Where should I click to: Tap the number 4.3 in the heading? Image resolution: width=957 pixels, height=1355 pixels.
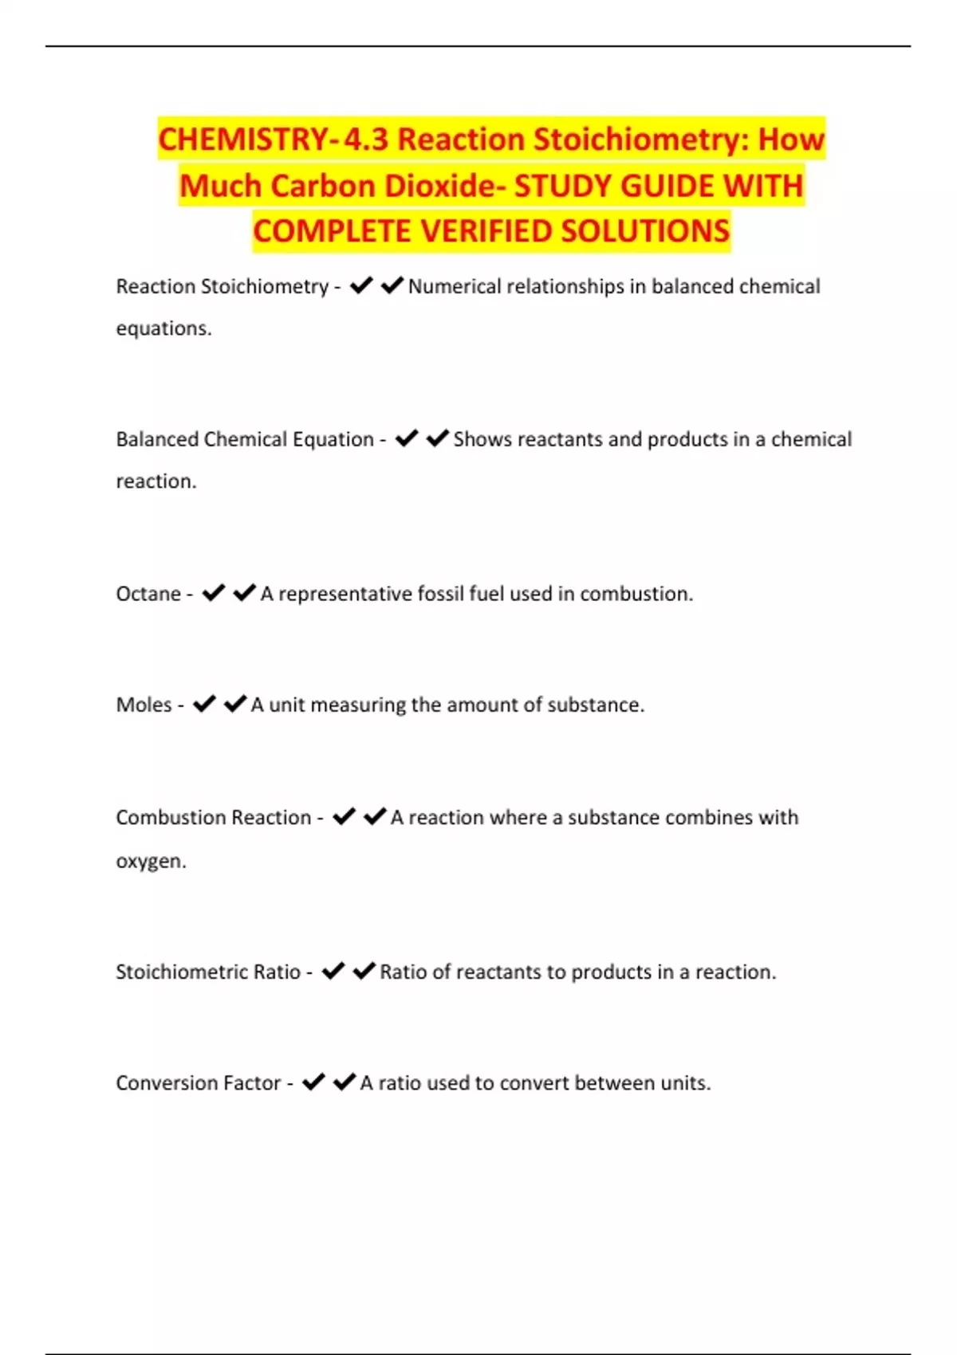[x=365, y=139]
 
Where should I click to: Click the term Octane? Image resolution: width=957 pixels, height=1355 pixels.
[x=148, y=594]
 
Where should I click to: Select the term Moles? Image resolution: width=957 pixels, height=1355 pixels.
[x=144, y=705]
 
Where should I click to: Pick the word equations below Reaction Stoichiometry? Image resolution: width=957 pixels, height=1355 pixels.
[x=163, y=328]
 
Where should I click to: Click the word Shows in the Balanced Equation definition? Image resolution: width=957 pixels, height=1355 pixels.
[x=482, y=439]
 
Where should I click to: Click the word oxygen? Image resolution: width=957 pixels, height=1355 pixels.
[x=150, y=862]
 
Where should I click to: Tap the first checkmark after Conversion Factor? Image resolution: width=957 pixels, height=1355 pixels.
[x=313, y=1082]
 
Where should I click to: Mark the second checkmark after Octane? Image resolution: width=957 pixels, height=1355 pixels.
[x=244, y=592]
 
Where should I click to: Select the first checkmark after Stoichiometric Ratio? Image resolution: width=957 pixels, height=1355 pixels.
[x=333, y=970]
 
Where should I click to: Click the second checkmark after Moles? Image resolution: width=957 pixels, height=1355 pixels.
[x=234, y=703]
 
